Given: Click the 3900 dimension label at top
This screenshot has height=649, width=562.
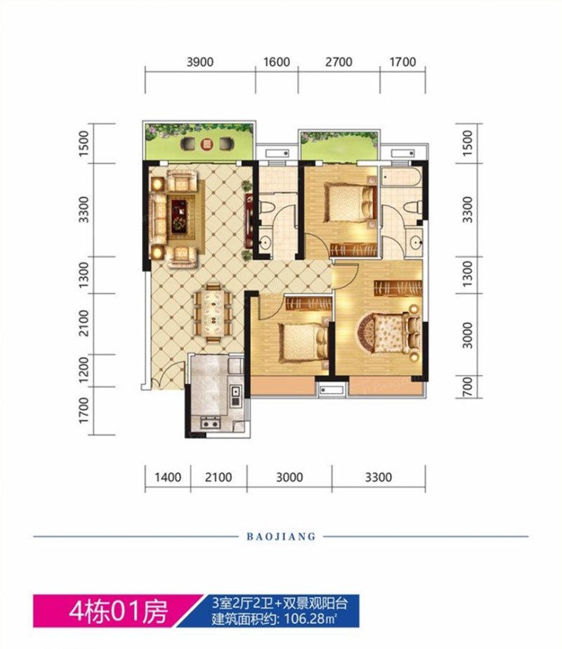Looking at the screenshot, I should tap(200, 63).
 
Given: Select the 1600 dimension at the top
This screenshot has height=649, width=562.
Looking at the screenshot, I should tap(277, 63).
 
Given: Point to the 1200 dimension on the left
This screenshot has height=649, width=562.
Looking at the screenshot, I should tap(84, 370).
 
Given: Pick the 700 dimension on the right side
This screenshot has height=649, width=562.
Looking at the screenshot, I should tap(468, 386).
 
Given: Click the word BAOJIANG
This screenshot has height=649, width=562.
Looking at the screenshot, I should tap(280, 536).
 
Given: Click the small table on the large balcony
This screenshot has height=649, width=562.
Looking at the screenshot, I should tap(207, 145).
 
